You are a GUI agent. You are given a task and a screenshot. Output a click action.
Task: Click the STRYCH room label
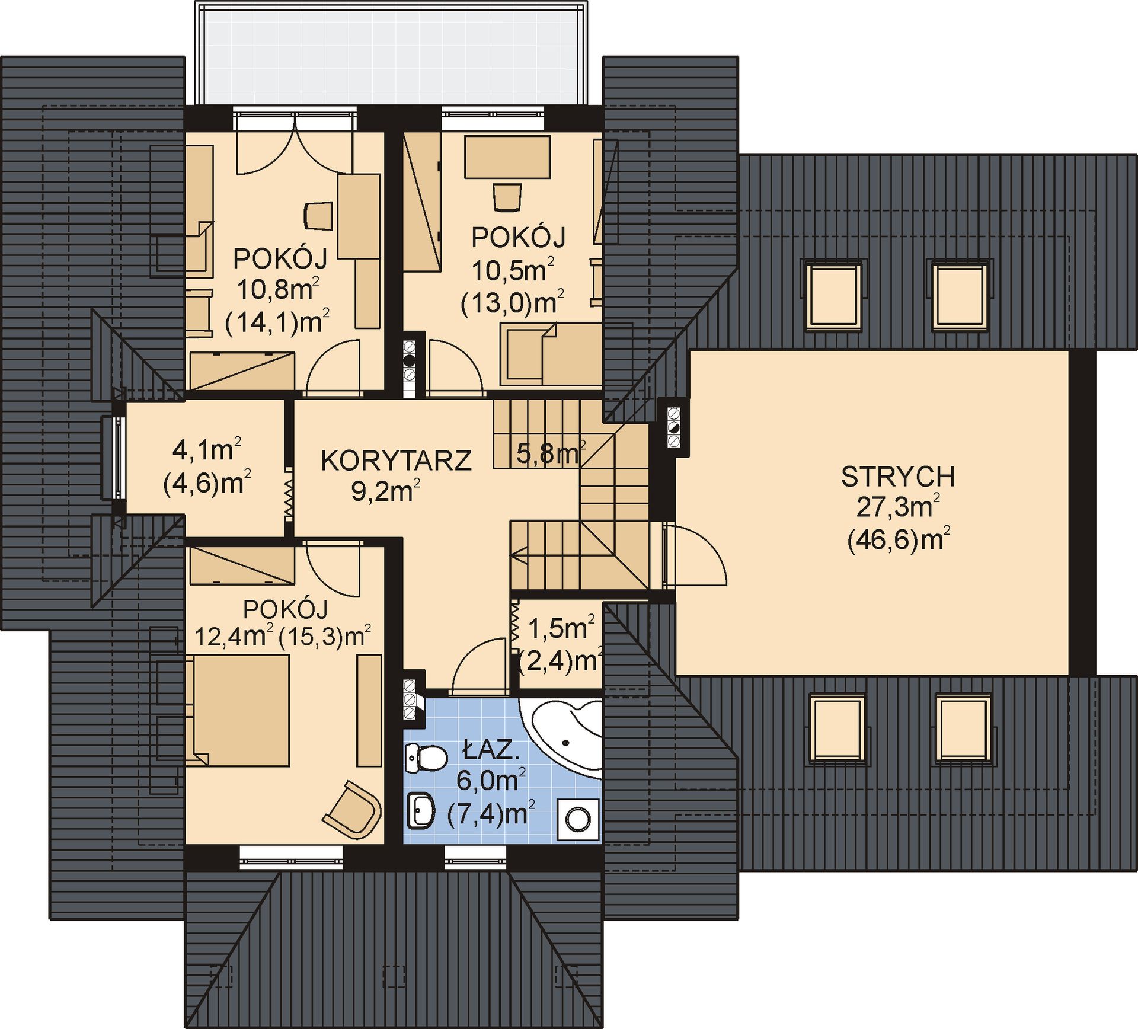[x=897, y=477]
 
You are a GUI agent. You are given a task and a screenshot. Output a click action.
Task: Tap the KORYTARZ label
[x=396, y=461]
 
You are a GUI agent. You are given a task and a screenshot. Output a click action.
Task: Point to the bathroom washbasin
[x=421, y=810]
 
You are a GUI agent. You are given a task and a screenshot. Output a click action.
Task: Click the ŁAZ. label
[x=491, y=751]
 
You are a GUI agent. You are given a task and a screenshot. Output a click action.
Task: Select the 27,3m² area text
[x=898, y=507]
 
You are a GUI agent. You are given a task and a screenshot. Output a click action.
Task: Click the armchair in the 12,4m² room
[x=352, y=808]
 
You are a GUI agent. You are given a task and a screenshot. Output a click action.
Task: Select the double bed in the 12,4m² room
[x=237, y=710]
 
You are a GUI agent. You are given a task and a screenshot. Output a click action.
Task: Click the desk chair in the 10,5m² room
[x=507, y=197]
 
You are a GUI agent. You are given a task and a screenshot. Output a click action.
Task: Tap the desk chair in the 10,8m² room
[x=318, y=215]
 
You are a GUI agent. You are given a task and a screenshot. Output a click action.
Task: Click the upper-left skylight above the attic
[x=833, y=295]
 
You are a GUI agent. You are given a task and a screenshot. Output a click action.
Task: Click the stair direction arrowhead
[x=519, y=555]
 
